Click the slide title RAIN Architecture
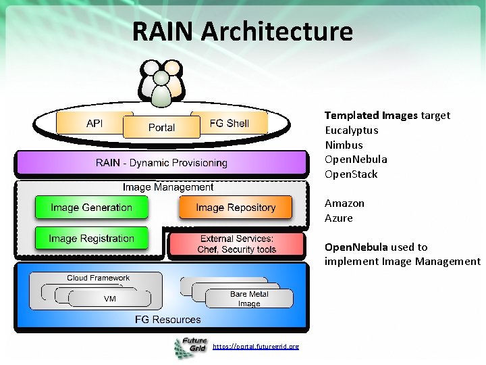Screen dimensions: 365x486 [x=242, y=32]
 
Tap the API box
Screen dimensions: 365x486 [x=94, y=124]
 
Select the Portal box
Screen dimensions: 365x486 [x=161, y=128]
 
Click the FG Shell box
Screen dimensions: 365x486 [x=230, y=123]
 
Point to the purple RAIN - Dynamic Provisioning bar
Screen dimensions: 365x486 [x=162, y=163]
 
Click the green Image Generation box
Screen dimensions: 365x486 [x=91, y=208]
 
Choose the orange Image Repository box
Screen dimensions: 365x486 [x=236, y=208]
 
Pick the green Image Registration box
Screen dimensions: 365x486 [x=91, y=239]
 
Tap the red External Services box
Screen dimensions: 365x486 [x=236, y=244]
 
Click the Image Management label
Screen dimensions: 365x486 [x=168, y=187]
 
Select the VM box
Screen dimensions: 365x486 [x=109, y=299]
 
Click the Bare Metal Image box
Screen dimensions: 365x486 [x=249, y=299]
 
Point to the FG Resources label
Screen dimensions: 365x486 [x=168, y=319]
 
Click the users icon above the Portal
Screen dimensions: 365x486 [x=161, y=82]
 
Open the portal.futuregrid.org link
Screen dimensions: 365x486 [x=255, y=346]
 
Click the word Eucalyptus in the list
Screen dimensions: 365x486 [x=352, y=130]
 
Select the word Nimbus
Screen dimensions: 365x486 [x=344, y=145]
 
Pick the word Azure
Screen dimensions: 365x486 [x=339, y=218]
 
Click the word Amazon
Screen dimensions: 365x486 [x=344, y=203]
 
